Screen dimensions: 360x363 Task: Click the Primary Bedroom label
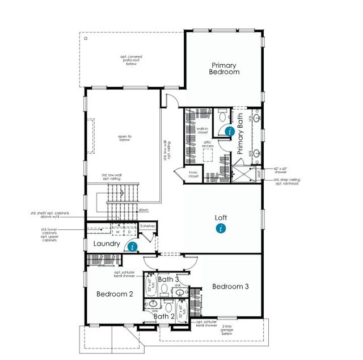click(223, 69)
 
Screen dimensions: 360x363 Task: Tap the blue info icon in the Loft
click(221, 228)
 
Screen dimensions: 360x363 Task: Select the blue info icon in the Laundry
click(132, 246)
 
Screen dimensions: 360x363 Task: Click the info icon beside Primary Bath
click(229, 131)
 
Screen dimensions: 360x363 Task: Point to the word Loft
click(221, 217)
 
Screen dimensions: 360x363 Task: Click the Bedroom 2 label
click(114, 294)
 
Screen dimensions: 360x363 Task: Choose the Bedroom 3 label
click(231, 287)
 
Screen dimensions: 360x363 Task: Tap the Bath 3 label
click(168, 279)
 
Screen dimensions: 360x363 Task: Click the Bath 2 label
click(163, 316)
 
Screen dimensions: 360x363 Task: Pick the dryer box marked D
click(129, 232)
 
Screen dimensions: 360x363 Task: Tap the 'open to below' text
click(125, 137)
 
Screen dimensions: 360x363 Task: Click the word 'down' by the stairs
click(143, 210)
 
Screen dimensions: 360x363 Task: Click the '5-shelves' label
click(147, 226)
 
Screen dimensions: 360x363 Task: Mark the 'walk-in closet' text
click(203, 131)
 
